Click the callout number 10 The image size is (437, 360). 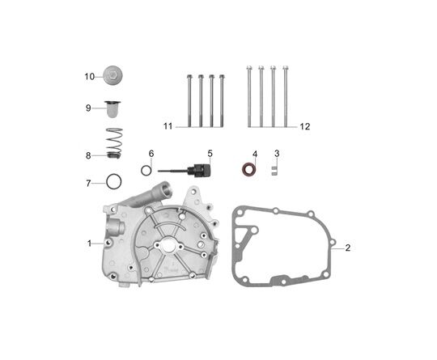[x=90, y=77]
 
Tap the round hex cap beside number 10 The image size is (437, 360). [x=112, y=75]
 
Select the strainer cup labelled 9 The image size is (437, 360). [x=112, y=109]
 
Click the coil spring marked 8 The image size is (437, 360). [x=115, y=143]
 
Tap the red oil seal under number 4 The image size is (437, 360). [x=248, y=170]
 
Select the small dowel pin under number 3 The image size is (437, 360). [x=274, y=171]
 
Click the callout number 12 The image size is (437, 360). [x=304, y=127]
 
